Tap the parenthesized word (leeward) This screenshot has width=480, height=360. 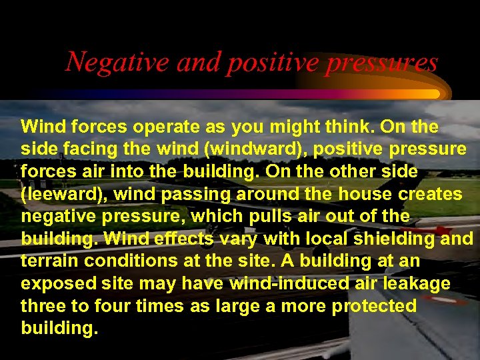coord(59,195)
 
